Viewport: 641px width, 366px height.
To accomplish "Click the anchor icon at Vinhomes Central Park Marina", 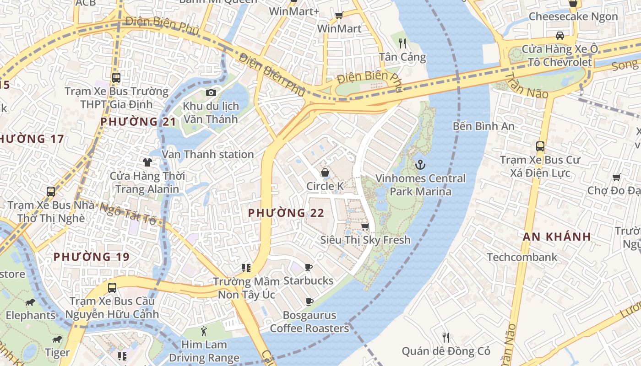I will click(419, 164).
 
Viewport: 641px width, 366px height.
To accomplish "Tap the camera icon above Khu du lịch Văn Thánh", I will click(211, 93).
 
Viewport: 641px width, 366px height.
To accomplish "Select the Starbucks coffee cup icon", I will click(309, 267).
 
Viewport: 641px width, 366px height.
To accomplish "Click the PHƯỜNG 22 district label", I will click(286, 213).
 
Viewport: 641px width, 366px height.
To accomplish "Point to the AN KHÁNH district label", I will click(557, 237).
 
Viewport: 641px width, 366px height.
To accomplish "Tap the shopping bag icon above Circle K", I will click(325, 172).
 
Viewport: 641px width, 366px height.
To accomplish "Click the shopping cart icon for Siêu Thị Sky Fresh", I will click(365, 226).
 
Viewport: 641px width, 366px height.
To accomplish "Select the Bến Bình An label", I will click(483, 126).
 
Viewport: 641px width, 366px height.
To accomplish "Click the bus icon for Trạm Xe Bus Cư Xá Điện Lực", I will click(540, 146).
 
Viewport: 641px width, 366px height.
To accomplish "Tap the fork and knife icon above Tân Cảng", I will click(402, 43).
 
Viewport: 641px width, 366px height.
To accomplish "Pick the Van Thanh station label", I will click(208, 154).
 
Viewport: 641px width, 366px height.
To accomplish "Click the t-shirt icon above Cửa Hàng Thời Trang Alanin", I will click(147, 162).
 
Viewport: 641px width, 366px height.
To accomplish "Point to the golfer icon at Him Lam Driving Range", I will click(204, 331).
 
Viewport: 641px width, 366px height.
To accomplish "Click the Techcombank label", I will click(522, 257).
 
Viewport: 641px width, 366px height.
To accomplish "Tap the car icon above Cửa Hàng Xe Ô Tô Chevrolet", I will click(560, 35).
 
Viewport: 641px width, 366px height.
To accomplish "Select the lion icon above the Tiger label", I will click(57, 339).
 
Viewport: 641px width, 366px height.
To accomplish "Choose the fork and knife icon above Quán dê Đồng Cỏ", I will click(446, 338).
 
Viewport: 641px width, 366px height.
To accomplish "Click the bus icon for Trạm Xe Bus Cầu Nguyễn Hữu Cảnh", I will click(112, 288).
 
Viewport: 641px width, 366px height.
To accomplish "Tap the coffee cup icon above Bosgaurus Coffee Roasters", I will click(309, 301).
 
